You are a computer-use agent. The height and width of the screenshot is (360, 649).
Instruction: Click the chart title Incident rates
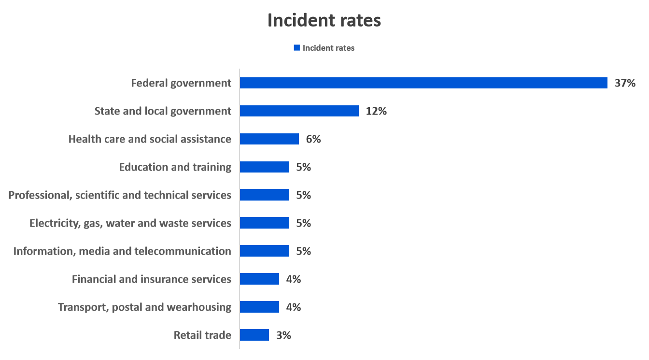click(x=324, y=21)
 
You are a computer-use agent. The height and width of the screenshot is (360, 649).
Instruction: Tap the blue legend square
click(x=296, y=48)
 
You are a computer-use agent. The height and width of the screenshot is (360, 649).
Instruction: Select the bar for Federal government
click(x=423, y=83)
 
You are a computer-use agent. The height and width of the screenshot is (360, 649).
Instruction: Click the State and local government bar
click(x=299, y=111)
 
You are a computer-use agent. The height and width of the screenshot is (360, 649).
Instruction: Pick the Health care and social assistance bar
click(x=269, y=139)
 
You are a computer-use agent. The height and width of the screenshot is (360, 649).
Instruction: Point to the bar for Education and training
click(x=264, y=167)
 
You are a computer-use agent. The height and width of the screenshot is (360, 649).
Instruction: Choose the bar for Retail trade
click(x=254, y=335)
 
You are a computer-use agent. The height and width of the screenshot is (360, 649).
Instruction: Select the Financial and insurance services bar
click(x=259, y=279)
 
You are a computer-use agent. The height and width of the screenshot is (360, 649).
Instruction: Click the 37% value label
click(x=625, y=83)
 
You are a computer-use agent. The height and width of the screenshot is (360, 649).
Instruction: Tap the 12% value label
click(x=376, y=111)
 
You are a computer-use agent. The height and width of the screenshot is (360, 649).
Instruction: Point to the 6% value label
click(x=313, y=139)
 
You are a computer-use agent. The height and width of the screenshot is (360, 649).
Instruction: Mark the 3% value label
click(x=283, y=335)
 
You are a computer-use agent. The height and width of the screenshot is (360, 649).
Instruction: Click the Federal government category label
click(x=181, y=83)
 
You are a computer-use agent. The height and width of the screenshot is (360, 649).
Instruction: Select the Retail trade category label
click(x=202, y=335)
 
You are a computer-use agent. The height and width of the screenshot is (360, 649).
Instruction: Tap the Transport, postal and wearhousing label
click(x=144, y=307)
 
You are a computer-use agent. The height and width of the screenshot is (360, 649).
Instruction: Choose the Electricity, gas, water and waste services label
click(x=130, y=223)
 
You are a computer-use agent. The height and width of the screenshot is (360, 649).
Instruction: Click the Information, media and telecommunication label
click(x=122, y=251)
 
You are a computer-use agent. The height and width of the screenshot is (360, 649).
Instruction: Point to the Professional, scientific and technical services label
click(x=120, y=195)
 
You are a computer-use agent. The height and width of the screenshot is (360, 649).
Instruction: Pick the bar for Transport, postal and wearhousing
click(x=259, y=307)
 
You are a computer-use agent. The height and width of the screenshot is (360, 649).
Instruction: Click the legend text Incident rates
click(x=328, y=48)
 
